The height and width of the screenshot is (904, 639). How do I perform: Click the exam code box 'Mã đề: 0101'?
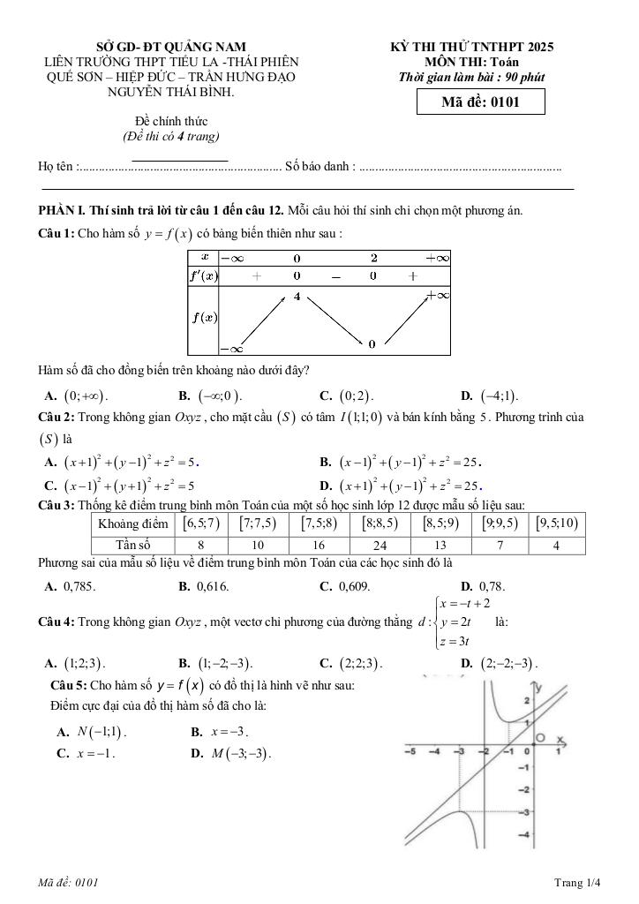click(x=480, y=102)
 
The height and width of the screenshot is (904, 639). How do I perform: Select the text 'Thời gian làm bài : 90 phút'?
click(x=471, y=77)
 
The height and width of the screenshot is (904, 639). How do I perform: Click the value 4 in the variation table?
click(x=297, y=297)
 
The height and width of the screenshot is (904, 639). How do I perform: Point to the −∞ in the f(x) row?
click(x=231, y=350)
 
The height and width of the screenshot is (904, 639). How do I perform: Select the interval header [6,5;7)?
click(x=200, y=524)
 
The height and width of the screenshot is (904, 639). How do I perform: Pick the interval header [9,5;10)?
click(x=555, y=524)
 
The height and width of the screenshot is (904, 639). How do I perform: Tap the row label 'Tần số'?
click(x=132, y=546)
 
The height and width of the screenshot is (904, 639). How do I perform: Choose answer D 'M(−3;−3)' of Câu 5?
click(x=231, y=754)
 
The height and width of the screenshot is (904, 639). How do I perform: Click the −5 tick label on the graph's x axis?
click(x=410, y=751)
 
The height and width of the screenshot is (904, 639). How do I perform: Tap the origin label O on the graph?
click(x=541, y=738)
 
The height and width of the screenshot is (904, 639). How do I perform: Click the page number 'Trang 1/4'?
click(x=577, y=882)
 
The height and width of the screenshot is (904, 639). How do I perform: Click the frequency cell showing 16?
click(x=319, y=546)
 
